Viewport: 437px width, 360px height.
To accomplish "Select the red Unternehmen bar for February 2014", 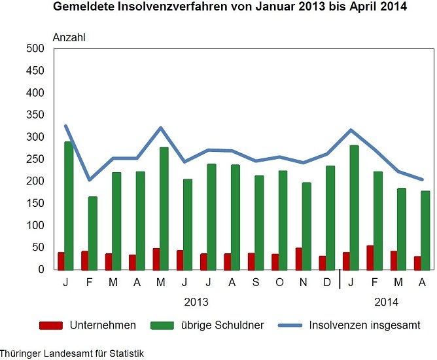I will pyautogui.click(x=370, y=257).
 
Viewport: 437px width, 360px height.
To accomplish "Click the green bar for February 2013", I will pyautogui.click(x=92, y=232).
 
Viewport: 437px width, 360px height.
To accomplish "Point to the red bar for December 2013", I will pyautogui.click(x=323, y=262).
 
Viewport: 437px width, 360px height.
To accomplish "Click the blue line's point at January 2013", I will pyautogui.click(x=65, y=126).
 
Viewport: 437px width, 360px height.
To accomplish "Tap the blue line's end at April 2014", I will pyautogui.click(x=422, y=179).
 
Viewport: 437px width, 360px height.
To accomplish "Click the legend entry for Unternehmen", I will pyautogui.click(x=88, y=325).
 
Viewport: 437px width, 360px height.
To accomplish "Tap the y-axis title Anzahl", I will pyautogui.click(x=69, y=37).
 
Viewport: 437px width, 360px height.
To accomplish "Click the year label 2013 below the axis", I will pyautogui.click(x=196, y=302).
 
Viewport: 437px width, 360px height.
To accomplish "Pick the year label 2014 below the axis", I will pyautogui.click(x=386, y=302).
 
